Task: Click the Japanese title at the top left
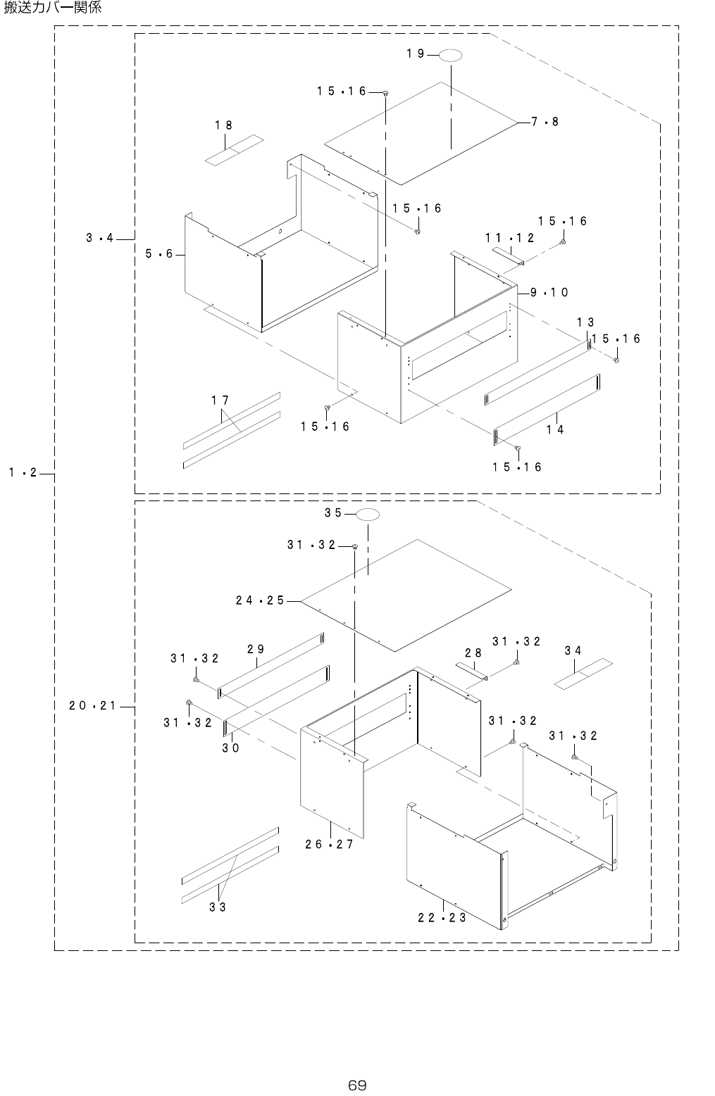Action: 54,8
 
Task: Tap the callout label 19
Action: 416,53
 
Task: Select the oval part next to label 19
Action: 452,55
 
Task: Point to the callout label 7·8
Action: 545,122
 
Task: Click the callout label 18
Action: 224,125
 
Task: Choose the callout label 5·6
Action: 159,254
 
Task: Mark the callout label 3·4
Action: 100,239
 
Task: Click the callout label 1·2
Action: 23,473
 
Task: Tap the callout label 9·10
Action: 549,292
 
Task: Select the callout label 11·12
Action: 509,238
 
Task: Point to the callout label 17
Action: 220,401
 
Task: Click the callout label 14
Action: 555,429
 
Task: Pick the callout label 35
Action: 333,513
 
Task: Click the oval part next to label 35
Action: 368,515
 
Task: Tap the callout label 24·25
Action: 260,600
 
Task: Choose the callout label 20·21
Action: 93,705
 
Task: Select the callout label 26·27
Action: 329,845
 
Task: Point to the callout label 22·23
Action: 442,918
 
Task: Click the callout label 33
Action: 218,907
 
